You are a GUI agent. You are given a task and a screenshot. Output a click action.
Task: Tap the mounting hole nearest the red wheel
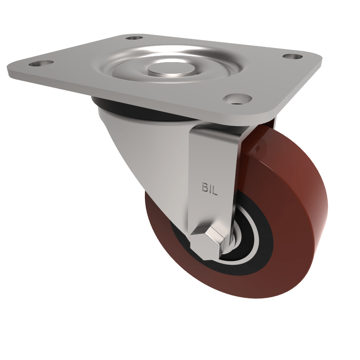238,98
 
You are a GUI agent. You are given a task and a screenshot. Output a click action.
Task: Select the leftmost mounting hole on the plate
41,63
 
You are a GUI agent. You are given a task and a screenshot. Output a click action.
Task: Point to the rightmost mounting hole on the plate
293,57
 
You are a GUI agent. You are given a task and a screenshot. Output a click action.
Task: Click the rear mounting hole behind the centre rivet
134,38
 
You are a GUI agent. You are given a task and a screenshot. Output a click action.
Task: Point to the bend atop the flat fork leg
216,130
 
